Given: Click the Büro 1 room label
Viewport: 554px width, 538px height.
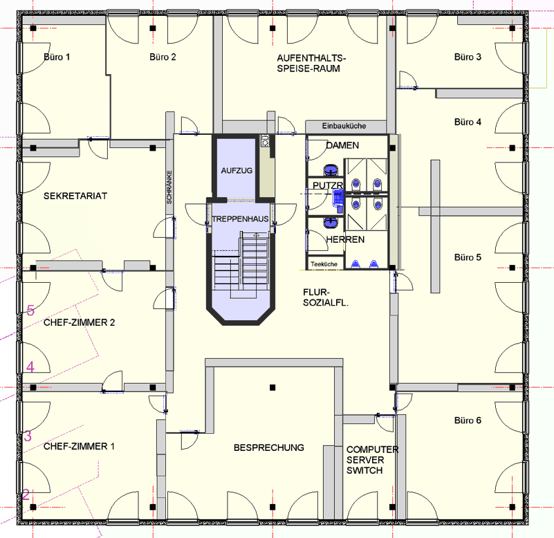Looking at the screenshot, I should pos(57,57).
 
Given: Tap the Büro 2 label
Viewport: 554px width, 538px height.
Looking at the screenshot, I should pos(163,57).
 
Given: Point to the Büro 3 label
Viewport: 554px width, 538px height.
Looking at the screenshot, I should pos(468,57).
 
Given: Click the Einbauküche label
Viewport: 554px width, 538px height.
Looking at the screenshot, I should pos(344,126).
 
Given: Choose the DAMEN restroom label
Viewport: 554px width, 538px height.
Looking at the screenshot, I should pos(342,146).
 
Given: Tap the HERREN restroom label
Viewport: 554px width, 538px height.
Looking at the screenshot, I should pos(345,239).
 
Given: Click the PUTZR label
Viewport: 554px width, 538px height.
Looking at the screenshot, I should pos(329,187).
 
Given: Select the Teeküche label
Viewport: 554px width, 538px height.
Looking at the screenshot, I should pos(324,264).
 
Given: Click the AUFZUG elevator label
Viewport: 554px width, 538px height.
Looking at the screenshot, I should pos(237,170).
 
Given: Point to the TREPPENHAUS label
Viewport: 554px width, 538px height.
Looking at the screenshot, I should pos(240,219).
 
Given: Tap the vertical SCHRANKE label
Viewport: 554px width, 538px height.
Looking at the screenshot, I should pos(169,187).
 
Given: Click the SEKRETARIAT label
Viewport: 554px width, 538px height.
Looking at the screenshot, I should pos(75,196).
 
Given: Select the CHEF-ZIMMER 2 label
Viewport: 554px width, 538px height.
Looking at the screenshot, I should pos(79,322).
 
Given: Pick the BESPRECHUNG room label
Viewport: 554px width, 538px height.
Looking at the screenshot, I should pos(269,447).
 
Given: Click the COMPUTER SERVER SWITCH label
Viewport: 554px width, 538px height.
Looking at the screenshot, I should pos(372,460).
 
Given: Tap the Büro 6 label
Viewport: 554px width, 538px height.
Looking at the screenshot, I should pos(468,420).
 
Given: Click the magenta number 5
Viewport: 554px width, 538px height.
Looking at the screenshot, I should pos(30,310).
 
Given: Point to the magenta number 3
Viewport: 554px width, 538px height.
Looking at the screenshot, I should pos(28,436).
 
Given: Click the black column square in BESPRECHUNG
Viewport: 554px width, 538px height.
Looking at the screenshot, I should pos(273,387).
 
